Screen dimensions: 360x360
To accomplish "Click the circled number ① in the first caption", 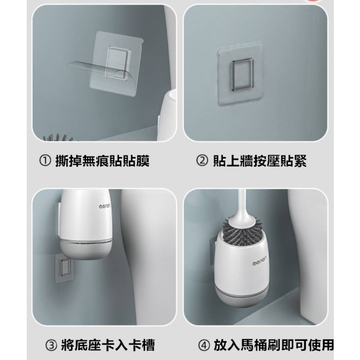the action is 45,161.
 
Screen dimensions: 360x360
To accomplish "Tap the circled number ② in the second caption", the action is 202,161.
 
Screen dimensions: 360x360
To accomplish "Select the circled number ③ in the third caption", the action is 51,345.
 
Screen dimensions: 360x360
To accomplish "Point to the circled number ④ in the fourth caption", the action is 204,345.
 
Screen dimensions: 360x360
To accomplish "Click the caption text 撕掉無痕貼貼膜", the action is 102,161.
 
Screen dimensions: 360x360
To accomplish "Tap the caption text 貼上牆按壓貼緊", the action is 260,161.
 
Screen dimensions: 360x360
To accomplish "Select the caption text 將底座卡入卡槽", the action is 107,345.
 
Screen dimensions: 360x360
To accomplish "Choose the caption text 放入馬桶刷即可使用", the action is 273,345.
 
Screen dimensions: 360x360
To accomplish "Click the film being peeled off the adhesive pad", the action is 96,69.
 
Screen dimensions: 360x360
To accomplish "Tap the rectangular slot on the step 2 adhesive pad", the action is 243,74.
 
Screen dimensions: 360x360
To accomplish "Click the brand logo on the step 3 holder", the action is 105,206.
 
